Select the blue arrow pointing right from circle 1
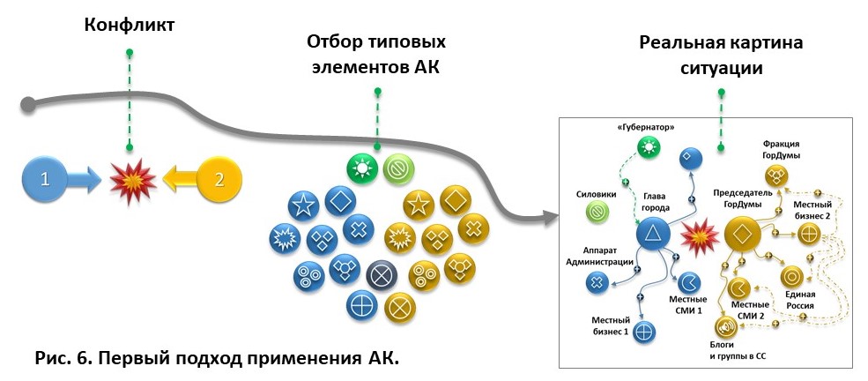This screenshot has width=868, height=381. (85, 181)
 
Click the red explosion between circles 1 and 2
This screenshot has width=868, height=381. (133, 181)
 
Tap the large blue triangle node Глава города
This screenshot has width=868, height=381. (653, 234)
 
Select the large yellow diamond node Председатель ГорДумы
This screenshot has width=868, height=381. (743, 233)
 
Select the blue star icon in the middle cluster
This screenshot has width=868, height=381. (303, 207)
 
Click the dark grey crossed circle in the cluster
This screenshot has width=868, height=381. (381, 275)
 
